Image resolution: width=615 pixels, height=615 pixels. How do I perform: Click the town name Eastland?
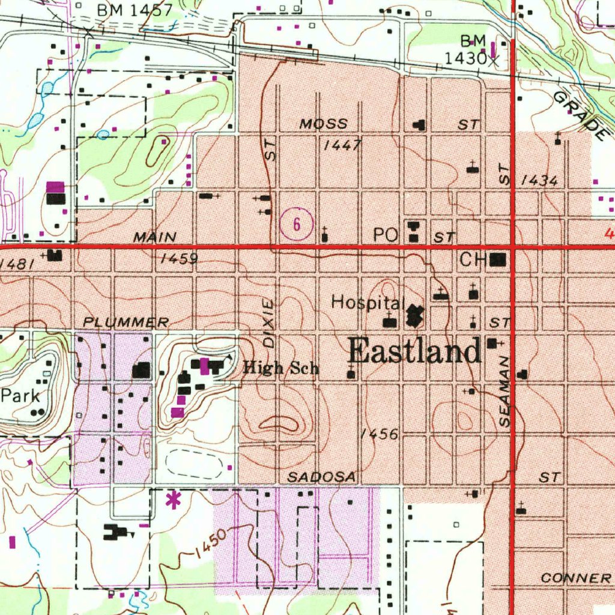(x=414, y=351)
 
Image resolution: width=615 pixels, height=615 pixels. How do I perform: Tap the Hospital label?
(x=366, y=303)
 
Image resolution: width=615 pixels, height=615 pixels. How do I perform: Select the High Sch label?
(x=280, y=368)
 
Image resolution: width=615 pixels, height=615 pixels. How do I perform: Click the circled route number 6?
(x=296, y=225)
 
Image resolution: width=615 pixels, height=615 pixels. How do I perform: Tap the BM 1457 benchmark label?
(x=135, y=10)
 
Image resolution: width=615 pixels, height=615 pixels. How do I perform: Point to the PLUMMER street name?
(x=126, y=323)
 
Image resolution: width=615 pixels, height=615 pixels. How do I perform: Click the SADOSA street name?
(x=321, y=477)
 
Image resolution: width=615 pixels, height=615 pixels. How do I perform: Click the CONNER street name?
(x=575, y=578)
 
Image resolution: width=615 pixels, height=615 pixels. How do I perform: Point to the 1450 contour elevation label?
(x=211, y=544)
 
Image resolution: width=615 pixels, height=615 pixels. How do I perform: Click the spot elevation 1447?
(x=342, y=145)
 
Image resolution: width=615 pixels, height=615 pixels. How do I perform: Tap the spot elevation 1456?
(x=381, y=434)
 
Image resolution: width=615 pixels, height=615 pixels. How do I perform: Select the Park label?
(x=20, y=396)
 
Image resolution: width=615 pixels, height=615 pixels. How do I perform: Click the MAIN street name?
(x=155, y=237)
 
